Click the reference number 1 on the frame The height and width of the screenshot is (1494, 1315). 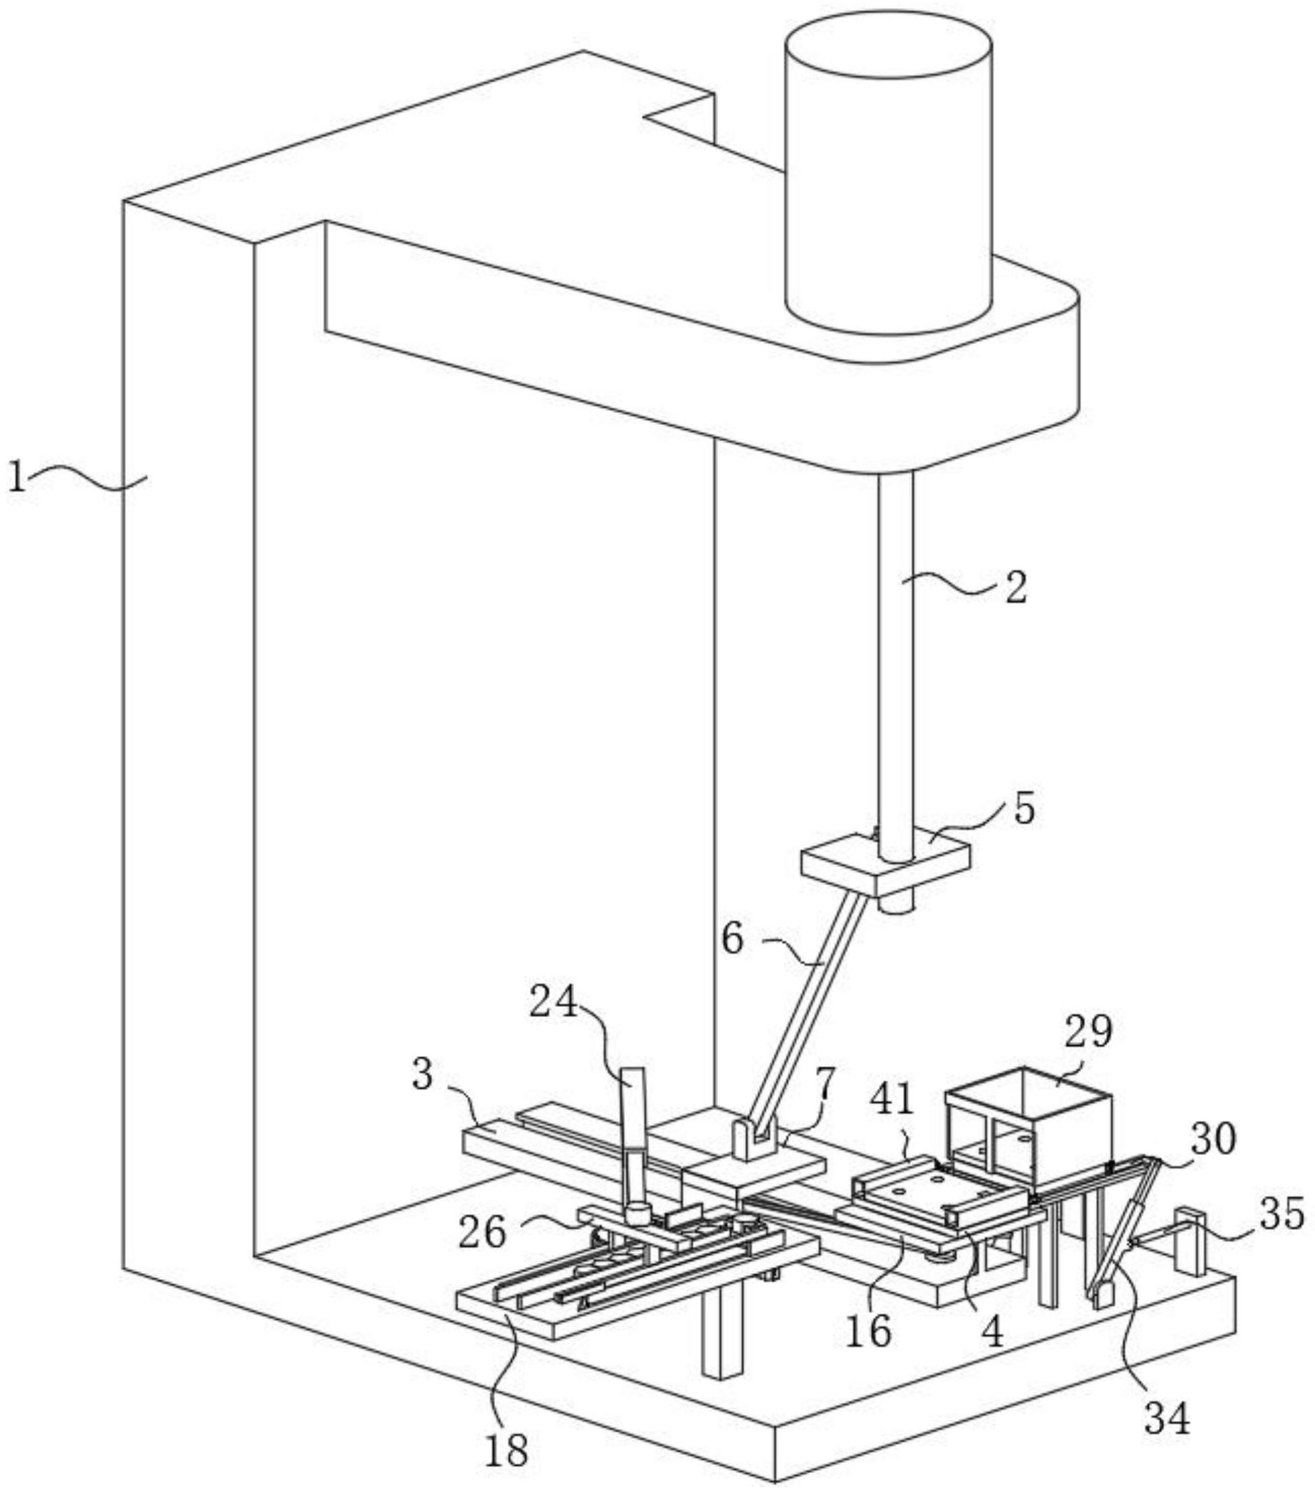pyautogui.click(x=17, y=477)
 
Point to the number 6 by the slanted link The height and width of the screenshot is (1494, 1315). pyautogui.click(x=732, y=940)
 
